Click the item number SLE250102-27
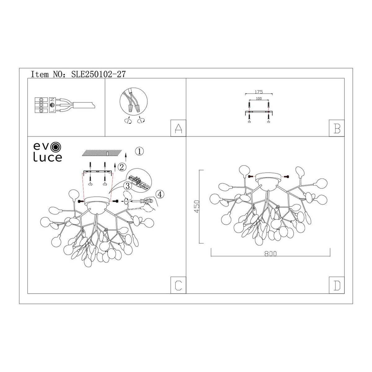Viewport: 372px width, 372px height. [98, 74]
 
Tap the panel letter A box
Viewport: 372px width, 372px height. [178, 128]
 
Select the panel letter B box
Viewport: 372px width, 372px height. [337, 128]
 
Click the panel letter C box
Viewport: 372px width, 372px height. [178, 285]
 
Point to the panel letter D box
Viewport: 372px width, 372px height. [337, 285]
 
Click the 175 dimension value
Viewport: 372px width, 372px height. [259, 92]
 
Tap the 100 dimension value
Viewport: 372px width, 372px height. [259, 99]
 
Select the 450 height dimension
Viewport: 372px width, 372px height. [197, 206]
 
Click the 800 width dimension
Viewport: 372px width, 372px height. [270, 254]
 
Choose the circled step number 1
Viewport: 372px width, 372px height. [139, 151]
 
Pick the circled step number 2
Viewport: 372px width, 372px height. [122, 167]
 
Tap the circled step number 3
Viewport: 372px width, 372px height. [127, 186]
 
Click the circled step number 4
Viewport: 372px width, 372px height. [160, 194]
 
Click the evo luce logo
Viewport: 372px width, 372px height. [47, 152]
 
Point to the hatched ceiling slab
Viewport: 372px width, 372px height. [102, 153]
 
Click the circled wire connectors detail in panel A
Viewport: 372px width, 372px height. [133, 102]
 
